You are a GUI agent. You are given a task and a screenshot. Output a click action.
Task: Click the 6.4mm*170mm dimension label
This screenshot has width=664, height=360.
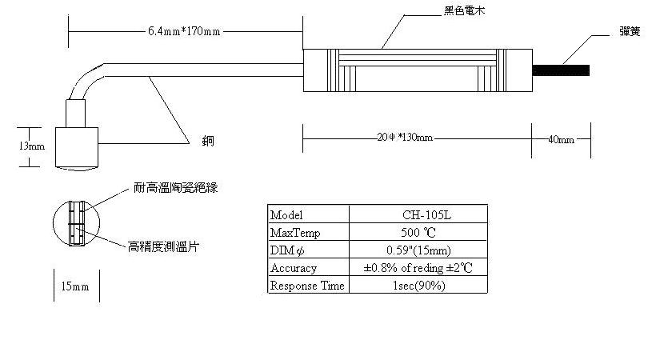coord(184,31)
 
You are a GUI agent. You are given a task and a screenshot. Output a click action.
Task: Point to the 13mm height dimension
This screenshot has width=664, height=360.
coord(34,146)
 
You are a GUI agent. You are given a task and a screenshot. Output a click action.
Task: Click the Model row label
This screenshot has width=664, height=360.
coord(287,215)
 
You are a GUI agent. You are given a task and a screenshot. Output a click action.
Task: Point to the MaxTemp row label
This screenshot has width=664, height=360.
coord(294,233)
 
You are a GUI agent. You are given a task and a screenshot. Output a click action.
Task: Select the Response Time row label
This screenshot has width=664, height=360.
coord(307,286)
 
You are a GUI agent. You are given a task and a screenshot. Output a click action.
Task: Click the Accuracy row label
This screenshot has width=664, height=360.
coord(294,268)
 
